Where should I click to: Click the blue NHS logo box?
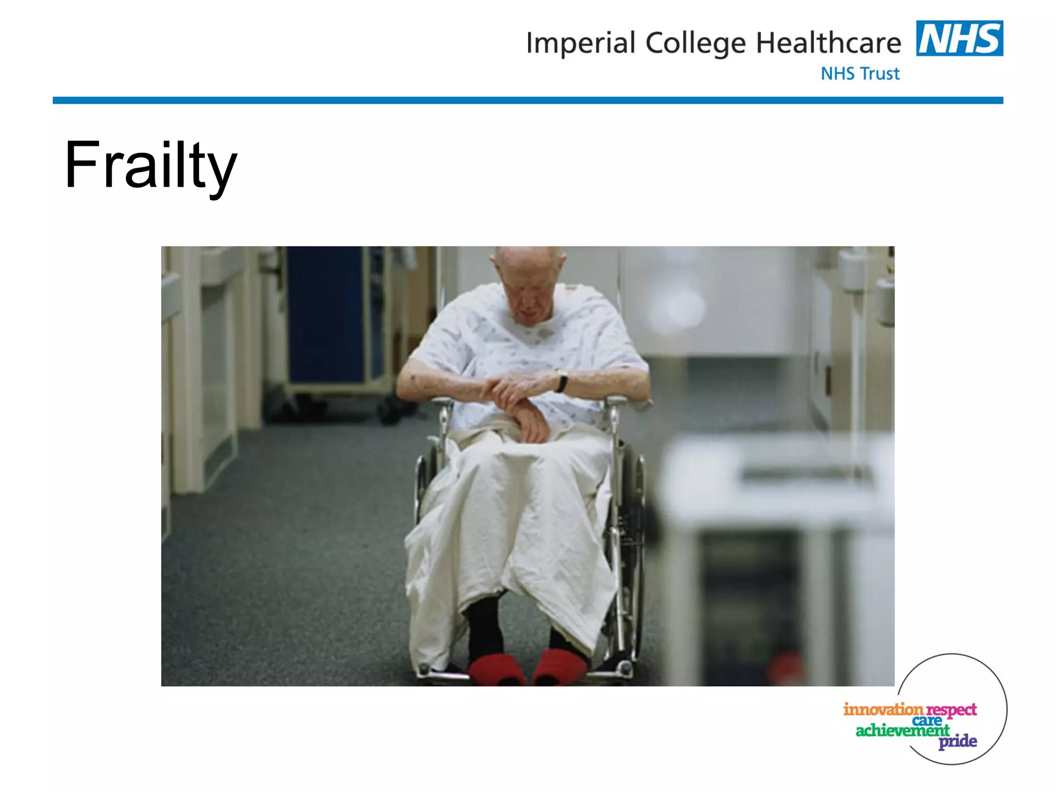959,38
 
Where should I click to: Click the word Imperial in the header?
580,43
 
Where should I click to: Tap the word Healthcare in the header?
828,43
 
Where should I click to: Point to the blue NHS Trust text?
860,74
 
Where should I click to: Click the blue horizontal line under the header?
527,101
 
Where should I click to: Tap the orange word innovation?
883,709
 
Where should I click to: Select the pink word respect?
951,711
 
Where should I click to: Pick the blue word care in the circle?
927,720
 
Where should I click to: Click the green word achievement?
902,730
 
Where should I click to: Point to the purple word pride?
958,741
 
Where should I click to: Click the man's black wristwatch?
562,383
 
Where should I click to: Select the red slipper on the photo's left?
496,669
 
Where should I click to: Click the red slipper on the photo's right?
559,667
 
